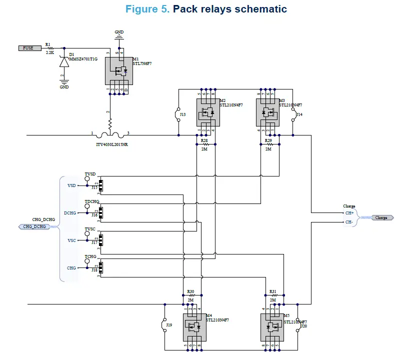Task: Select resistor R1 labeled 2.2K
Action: [49, 48]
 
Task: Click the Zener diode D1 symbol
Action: [63, 62]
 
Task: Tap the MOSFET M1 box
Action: [118, 70]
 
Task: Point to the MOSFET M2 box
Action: [205, 112]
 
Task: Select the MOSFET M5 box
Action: [271, 327]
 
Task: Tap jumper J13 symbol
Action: [178, 114]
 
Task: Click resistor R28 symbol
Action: [204, 144]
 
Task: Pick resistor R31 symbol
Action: [273, 295]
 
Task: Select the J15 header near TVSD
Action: [100, 185]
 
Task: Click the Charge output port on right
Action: [382, 217]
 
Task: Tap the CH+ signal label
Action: [349, 213]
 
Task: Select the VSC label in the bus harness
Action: [71, 240]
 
